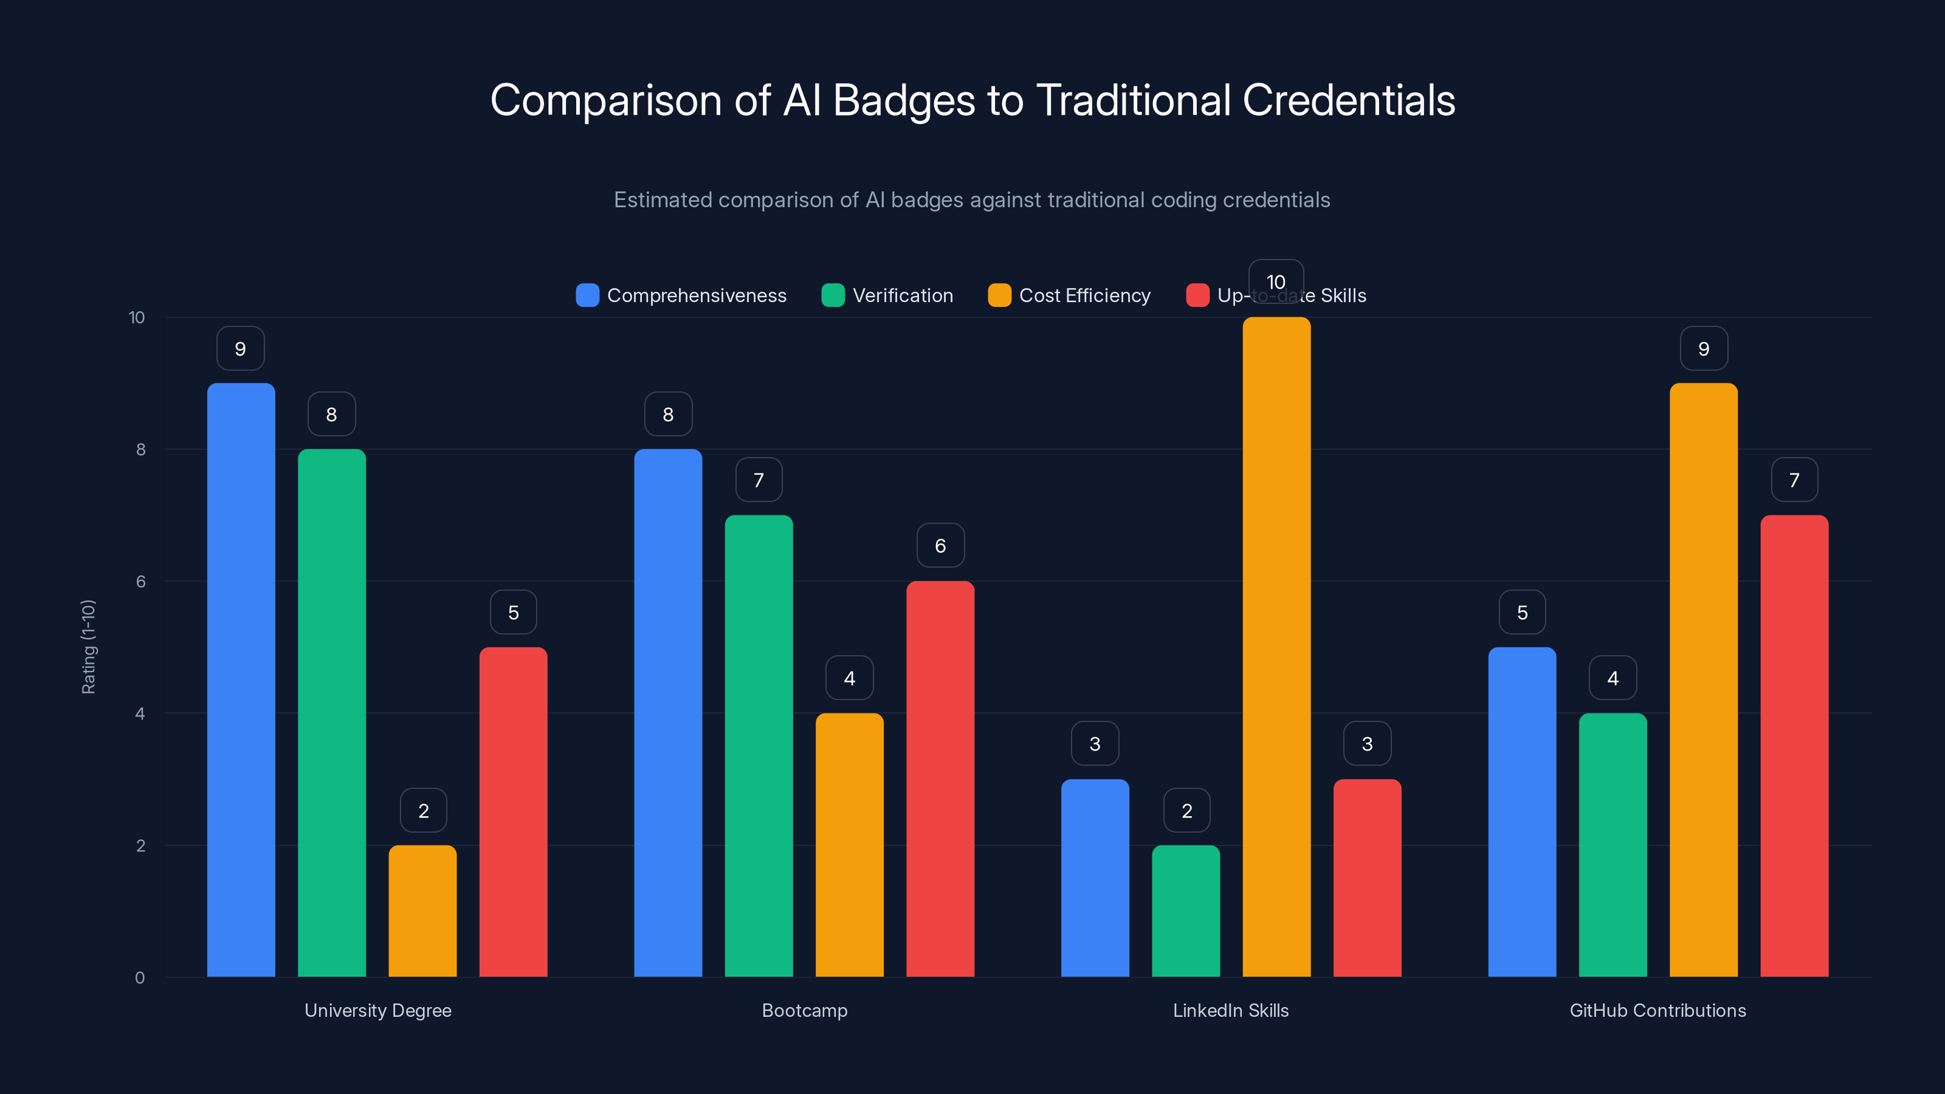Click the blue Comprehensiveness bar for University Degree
[x=241, y=679]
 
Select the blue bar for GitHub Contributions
[x=1522, y=811]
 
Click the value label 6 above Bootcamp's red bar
[x=940, y=546]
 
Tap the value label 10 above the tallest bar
[x=1276, y=281]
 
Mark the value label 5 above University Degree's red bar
[x=514, y=612]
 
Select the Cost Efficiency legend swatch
[x=999, y=295]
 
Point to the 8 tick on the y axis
[x=140, y=450]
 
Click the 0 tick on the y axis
[x=140, y=978]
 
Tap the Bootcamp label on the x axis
[x=804, y=1010]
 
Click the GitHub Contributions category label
[x=1658, y=1010]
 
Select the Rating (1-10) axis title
[x=88, y=647]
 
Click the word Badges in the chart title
[x=903, y=100]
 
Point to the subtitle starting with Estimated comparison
[x=972, y=200]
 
